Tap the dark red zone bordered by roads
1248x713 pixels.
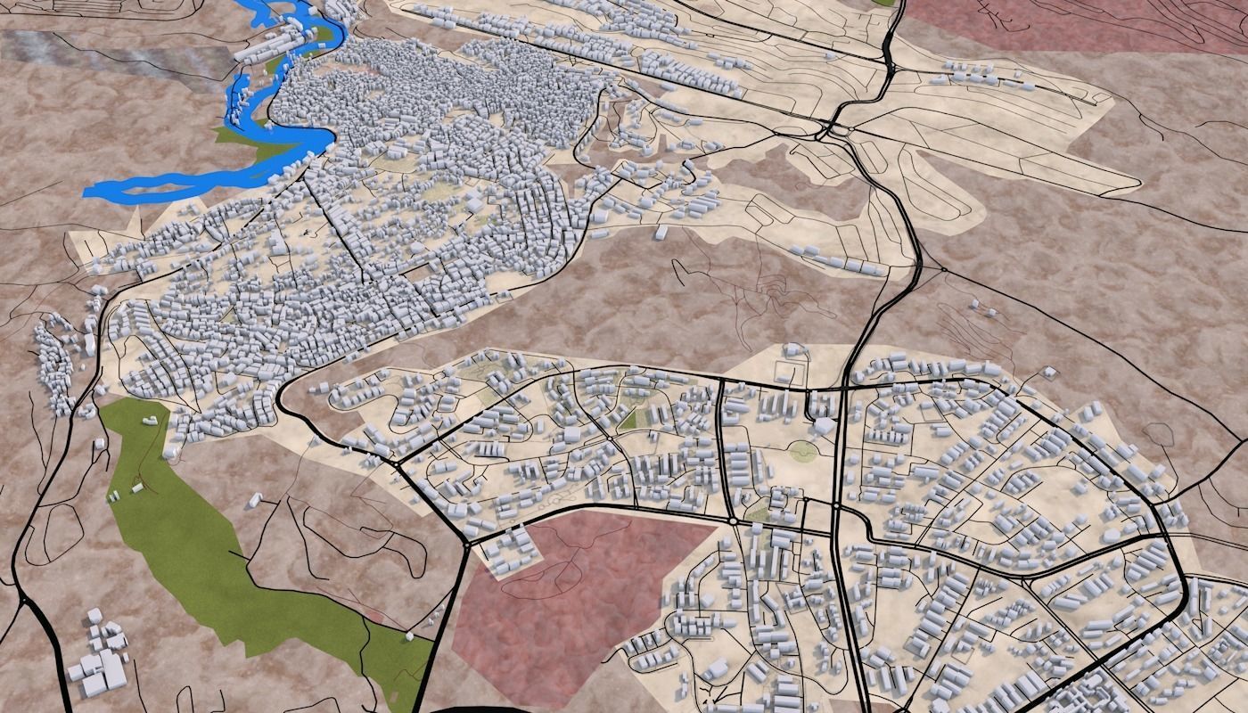(x=571, y=597)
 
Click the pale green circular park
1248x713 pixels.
(x=802, y=452)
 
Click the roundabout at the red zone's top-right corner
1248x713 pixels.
(x=732, y=520)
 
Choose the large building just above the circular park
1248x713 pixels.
(x=822, y=426)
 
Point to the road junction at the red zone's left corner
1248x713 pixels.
(x=466, y=541)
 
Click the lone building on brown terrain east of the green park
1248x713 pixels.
(x=254, y=499)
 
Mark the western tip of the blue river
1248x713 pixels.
(x=89, y=191)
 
